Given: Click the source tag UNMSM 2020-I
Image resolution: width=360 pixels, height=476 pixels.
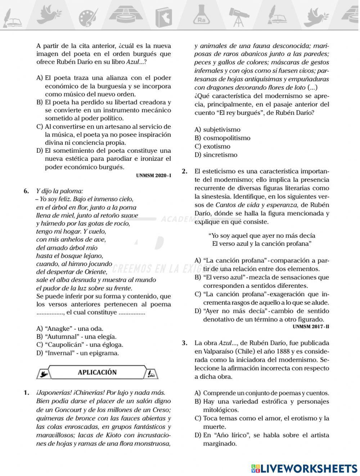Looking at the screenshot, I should [x=153, y=175].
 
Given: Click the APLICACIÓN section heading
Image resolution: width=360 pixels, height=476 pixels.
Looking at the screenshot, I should [x=97, y=372].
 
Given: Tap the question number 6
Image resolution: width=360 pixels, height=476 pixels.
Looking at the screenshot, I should [x=26, y=191].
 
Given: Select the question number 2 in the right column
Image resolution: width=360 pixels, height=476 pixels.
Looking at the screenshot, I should [x=184, y=171].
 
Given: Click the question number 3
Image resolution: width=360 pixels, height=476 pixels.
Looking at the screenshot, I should [x=184, y=343].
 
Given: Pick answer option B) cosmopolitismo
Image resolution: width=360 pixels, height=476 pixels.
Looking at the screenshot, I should [x=222, y=138].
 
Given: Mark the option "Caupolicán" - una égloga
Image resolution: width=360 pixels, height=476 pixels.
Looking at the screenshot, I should [x=80, y=345].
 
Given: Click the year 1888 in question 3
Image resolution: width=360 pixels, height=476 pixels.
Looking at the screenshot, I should [x=276, y=351].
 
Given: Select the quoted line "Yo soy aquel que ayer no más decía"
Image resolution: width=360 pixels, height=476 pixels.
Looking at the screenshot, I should [x=262, y=236].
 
